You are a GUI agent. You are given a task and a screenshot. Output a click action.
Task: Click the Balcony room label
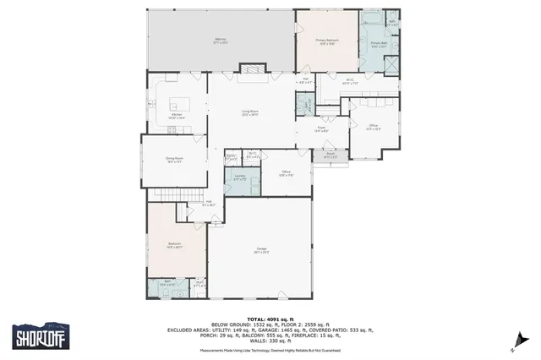[220, 41]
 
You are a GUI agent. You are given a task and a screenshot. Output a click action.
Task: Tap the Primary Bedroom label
[327, 41]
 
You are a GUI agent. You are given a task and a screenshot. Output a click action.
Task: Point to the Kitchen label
[178, 117]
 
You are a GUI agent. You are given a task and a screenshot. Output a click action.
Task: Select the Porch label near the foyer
[331, 156]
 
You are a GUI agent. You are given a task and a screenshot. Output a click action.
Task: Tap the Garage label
[262, 250]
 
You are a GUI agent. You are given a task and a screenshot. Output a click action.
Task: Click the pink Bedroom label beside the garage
[175, 245]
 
